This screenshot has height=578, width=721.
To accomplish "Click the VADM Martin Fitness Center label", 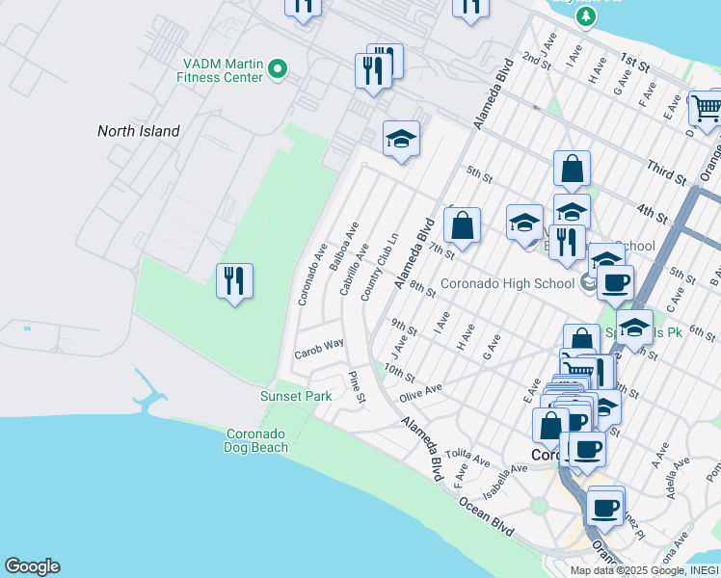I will pos(223,70).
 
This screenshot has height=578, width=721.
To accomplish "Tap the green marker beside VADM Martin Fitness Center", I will pos(278,68).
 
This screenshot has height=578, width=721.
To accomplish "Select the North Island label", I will pos(138,131).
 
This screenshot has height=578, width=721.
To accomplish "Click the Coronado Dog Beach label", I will pos(255,440).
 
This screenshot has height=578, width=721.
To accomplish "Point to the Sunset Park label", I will pos(296,396).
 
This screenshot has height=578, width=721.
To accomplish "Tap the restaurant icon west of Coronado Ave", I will pos(234,280).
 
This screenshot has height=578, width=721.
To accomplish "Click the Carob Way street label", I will pos(320,345).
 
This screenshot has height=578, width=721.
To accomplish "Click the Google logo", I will pos(32,566).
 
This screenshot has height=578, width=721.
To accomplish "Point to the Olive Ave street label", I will pos(420,392).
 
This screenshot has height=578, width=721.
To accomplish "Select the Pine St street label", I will pos(356,386).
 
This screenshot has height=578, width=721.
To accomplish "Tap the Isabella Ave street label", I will pos(505,479).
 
